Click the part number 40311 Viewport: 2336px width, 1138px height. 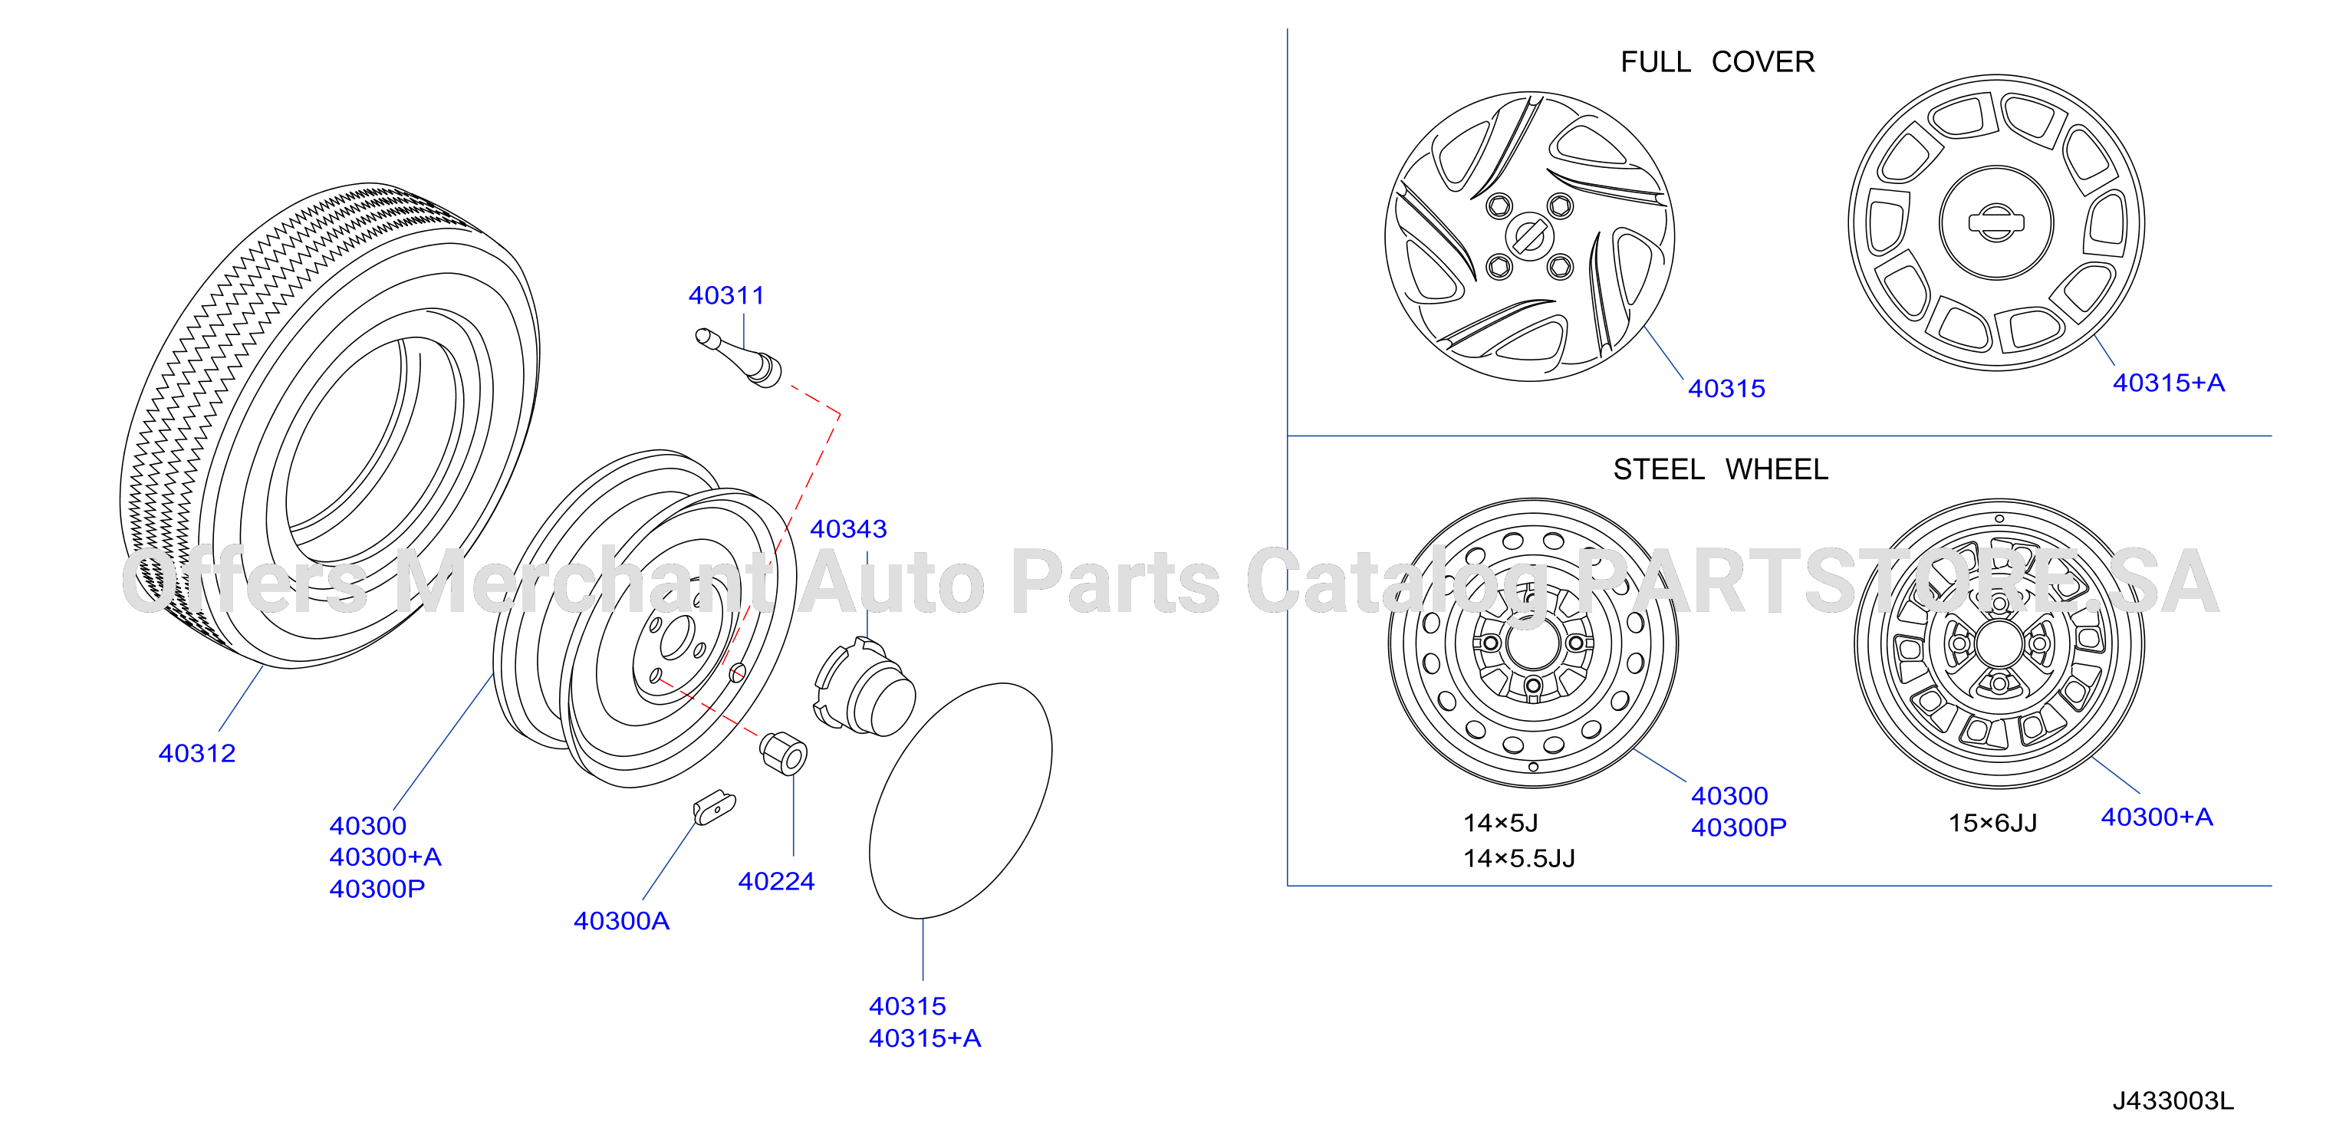tap(726, 295)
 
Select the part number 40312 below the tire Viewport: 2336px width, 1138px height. tap(197, 754)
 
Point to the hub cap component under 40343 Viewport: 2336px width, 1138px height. tap(864, 686)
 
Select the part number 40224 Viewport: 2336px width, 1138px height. tap(776, 881)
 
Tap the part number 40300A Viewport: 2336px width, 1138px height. tap(621, 921)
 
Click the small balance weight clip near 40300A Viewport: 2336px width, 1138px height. tap(715, 806)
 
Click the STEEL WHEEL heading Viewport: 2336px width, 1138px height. tap(1720, 470)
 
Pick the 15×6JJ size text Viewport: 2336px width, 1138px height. tap(1992, 824)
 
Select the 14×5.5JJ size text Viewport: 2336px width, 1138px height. tap(1519, 859)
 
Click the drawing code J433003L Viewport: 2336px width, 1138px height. tap(2173, 1101)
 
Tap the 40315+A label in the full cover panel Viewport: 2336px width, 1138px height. tap(2168, 383)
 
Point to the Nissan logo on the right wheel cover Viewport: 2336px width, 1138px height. tap(1996, 222)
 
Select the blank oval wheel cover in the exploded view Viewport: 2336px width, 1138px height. tap(960, 801)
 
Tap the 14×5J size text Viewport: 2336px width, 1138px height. tap(1500, 824)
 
